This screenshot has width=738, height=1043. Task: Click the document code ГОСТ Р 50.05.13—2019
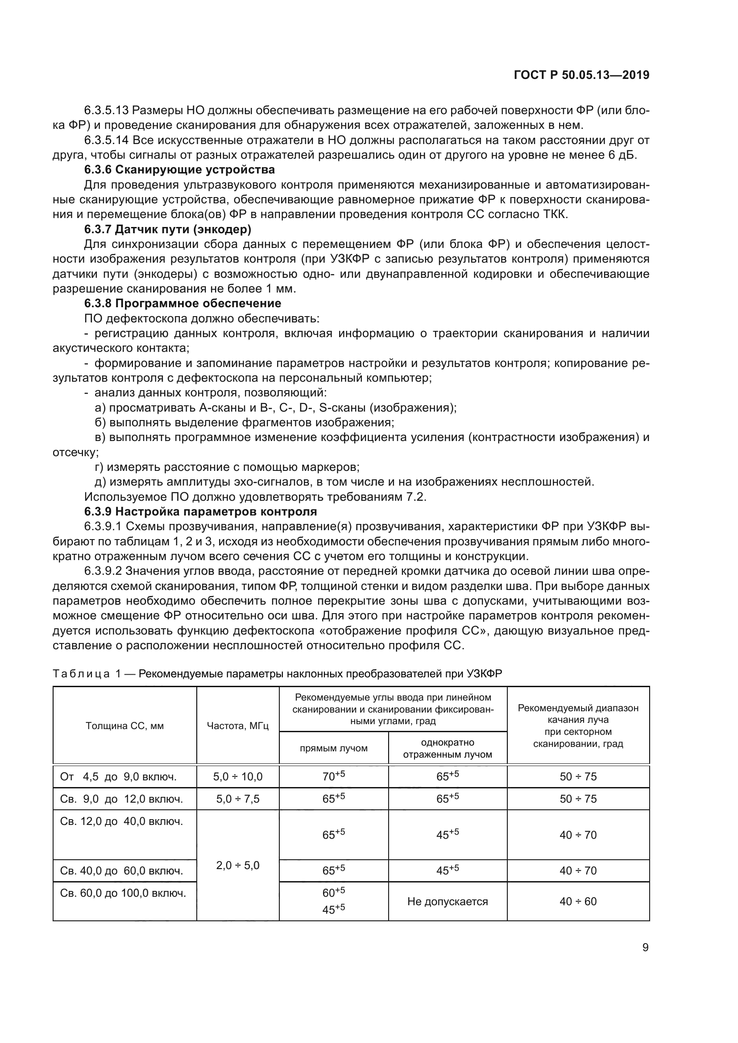pos(581,75)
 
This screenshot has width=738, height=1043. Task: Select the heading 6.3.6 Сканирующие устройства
pos(179,170)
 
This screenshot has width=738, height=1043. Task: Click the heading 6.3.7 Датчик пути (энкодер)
pos(168,229)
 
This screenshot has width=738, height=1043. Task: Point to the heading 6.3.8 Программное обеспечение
pos(182,304)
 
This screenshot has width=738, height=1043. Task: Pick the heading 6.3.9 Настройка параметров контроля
pos(200,511)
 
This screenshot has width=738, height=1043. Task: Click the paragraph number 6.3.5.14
pos(107,140)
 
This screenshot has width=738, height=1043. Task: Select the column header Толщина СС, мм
pos(124,726)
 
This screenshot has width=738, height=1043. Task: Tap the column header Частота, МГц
pos(238,726)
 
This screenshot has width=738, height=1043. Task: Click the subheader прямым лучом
pos(334,748)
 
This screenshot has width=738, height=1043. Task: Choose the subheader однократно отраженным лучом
pos(448,748)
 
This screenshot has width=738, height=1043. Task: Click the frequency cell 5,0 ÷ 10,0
pos(238,776)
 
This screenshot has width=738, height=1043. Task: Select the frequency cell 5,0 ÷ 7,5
pos(238,799)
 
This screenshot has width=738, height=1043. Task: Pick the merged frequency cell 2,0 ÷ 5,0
pos(238,865)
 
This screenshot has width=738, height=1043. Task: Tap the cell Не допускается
pos(448,901)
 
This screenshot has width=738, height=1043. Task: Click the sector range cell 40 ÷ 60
pos(578,901)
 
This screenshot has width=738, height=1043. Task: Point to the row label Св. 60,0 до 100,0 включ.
pos(123,893)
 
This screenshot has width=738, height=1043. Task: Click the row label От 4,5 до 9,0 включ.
pos(118,777)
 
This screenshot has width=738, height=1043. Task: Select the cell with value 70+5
pos(334,776)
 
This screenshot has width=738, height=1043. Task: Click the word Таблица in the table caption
pos(81,674)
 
